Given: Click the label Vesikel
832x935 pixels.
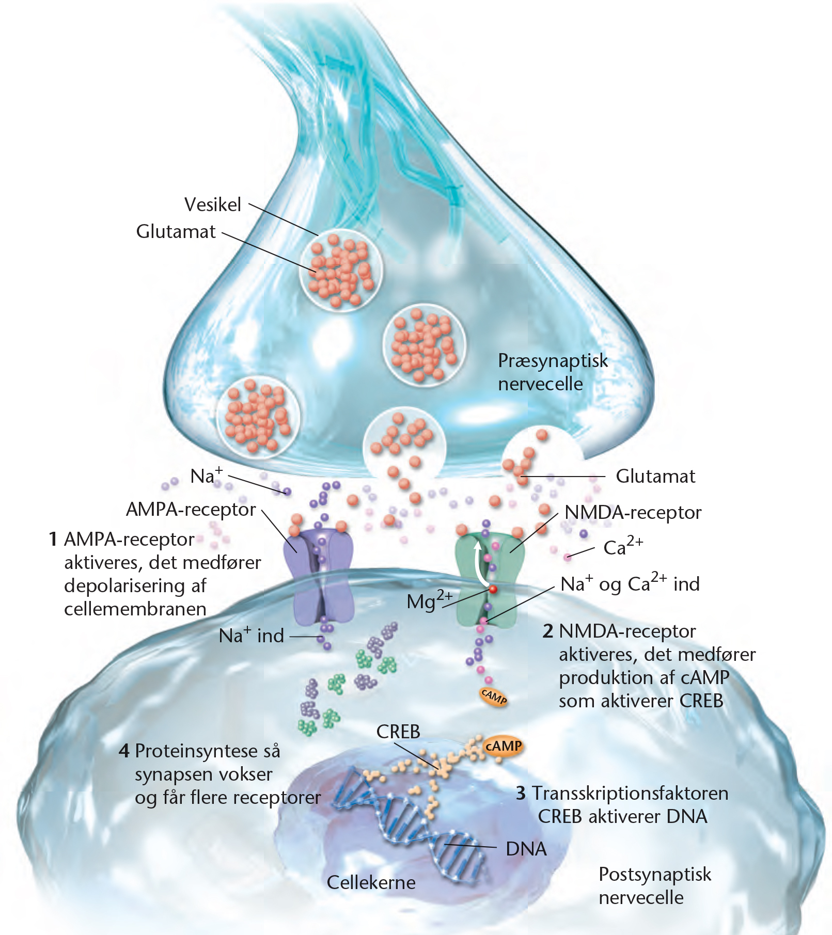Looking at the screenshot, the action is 213,204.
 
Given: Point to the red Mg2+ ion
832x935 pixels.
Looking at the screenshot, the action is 493,589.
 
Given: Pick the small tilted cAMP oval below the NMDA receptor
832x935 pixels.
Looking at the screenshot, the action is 494,698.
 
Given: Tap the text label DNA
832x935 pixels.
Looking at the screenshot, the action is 526,849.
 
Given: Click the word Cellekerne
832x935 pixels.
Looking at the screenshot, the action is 371,882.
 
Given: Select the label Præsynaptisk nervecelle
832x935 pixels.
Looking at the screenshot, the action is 553,372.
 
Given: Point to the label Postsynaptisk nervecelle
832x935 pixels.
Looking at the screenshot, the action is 655,885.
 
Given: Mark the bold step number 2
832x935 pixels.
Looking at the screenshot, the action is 548,631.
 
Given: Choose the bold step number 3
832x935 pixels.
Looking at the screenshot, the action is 521,793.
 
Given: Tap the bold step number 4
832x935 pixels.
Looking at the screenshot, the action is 124,751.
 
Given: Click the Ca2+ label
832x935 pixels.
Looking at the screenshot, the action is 623,546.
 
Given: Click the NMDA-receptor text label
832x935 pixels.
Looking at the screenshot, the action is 633,513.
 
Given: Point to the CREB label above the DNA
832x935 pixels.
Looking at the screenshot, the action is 398,732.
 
